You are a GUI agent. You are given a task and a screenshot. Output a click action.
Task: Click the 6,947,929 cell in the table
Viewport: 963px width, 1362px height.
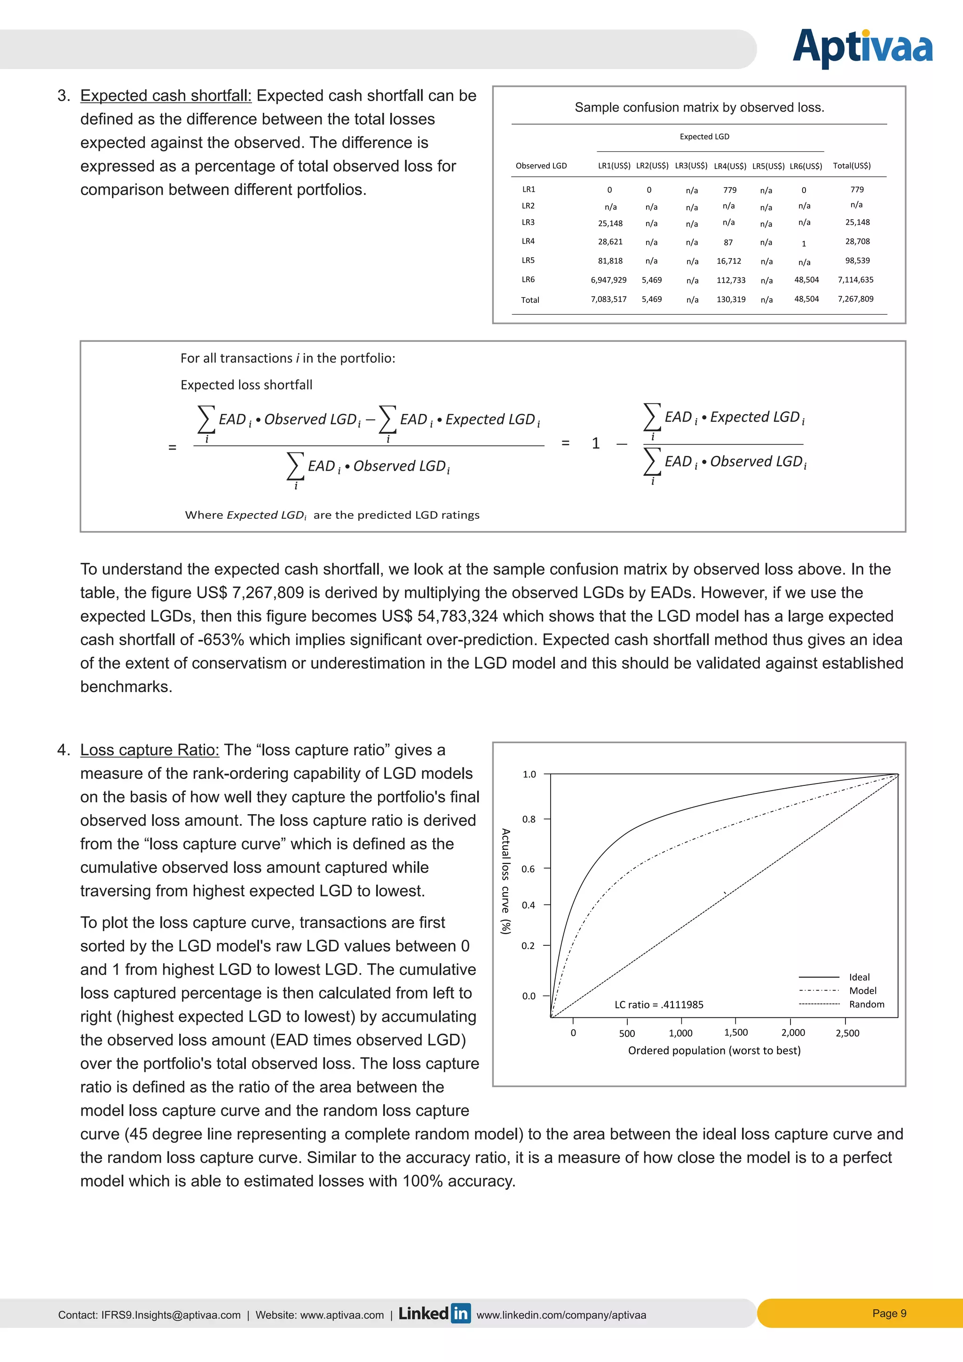(x=608, y=280)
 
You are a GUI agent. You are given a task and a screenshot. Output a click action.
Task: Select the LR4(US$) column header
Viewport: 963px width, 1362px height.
(x=729, y=166)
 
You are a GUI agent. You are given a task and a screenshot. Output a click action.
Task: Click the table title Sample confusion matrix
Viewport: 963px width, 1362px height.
(x=699, y=107)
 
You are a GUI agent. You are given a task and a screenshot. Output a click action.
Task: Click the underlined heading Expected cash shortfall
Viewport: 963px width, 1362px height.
(x=166, y=95)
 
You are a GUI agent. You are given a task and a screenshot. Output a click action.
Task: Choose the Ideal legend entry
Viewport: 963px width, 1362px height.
(x=859, y=977)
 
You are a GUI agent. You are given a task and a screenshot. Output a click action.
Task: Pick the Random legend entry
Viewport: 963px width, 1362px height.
(x=866, y=1004)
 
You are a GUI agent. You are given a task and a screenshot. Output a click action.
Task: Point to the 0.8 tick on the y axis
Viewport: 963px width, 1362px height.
(x=529, y=819)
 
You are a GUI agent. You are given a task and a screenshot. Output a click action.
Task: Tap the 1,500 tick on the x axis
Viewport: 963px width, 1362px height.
(x=736, y=1033)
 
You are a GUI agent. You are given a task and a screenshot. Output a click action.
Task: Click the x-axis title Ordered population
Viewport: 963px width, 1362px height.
(x=714, y=1051)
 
